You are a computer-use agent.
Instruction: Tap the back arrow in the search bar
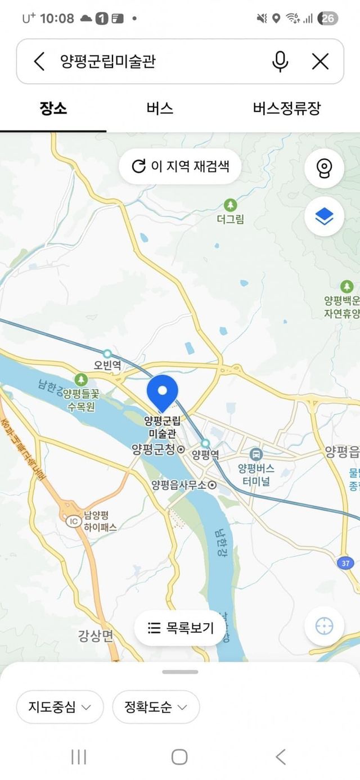coord(39,61)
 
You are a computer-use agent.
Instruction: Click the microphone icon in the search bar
coord(280,61)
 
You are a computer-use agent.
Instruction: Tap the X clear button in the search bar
coord(320,61)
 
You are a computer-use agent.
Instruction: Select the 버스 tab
coord(160,109)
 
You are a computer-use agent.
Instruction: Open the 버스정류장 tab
coord(287,109)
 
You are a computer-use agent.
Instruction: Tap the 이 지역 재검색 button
coord(181,166)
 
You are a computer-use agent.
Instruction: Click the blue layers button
coord(324,216)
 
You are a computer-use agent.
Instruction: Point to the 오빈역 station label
coord(107,365)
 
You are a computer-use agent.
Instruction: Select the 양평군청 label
coord(154,449)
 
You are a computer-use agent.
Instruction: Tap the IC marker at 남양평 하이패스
coord(73,521)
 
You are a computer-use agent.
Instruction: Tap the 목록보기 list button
coord(180,628)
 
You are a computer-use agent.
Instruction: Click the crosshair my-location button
coord(324,626)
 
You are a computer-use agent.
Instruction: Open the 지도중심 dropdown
coord(60,707)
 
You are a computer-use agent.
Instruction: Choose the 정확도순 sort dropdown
coord(156,707)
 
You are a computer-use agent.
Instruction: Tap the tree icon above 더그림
coord(230,205)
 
